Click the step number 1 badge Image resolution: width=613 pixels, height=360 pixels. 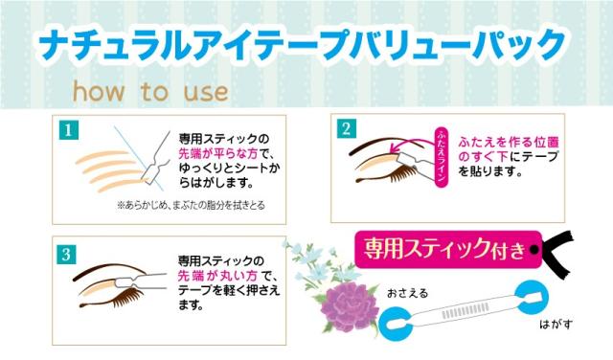coord(70,128)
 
